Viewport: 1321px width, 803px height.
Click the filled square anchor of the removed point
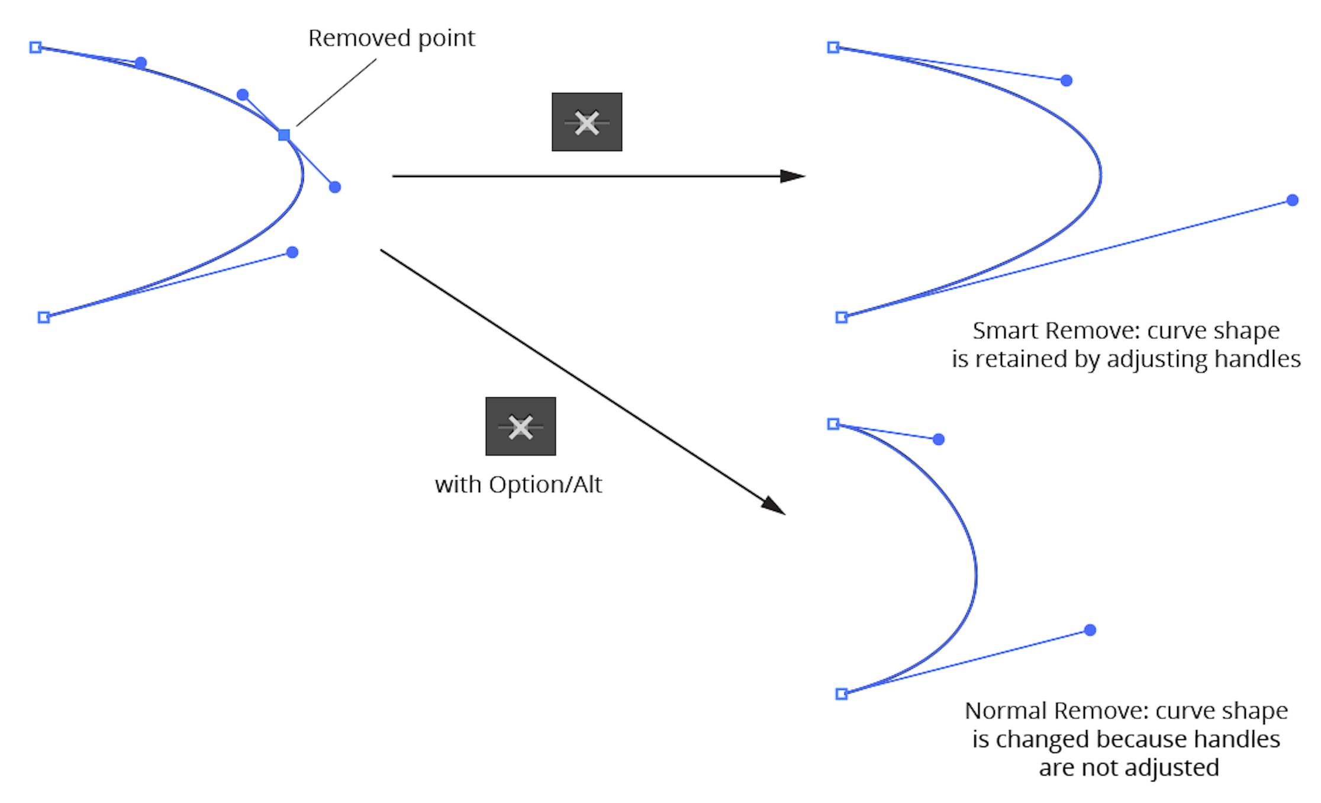pos(284,135)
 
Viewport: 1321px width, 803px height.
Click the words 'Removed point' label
pos(391,38)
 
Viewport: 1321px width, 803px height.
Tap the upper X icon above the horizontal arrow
pos(587,122)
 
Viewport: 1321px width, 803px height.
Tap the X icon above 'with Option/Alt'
pos(520,426)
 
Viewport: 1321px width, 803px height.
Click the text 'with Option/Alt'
pos(518,485)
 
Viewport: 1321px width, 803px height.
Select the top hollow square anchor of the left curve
pos(36,47)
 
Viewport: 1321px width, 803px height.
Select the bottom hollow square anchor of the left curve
pos(44,317)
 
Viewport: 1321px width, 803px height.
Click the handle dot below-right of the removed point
pos(335,187)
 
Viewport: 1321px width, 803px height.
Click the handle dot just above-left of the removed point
pos(243,95)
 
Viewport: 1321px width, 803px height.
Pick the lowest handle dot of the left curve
pos(292,252)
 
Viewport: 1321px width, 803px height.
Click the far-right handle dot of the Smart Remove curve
pos(1293,200)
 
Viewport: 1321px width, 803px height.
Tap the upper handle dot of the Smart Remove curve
pos(1067,81)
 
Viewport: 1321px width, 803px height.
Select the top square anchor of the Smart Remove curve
pos(833,47)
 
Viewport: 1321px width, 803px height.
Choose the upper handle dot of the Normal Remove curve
pos(939,439)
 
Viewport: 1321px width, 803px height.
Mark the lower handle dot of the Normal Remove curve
pos(1090,630)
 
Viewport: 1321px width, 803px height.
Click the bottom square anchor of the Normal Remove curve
pos(842,693)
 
